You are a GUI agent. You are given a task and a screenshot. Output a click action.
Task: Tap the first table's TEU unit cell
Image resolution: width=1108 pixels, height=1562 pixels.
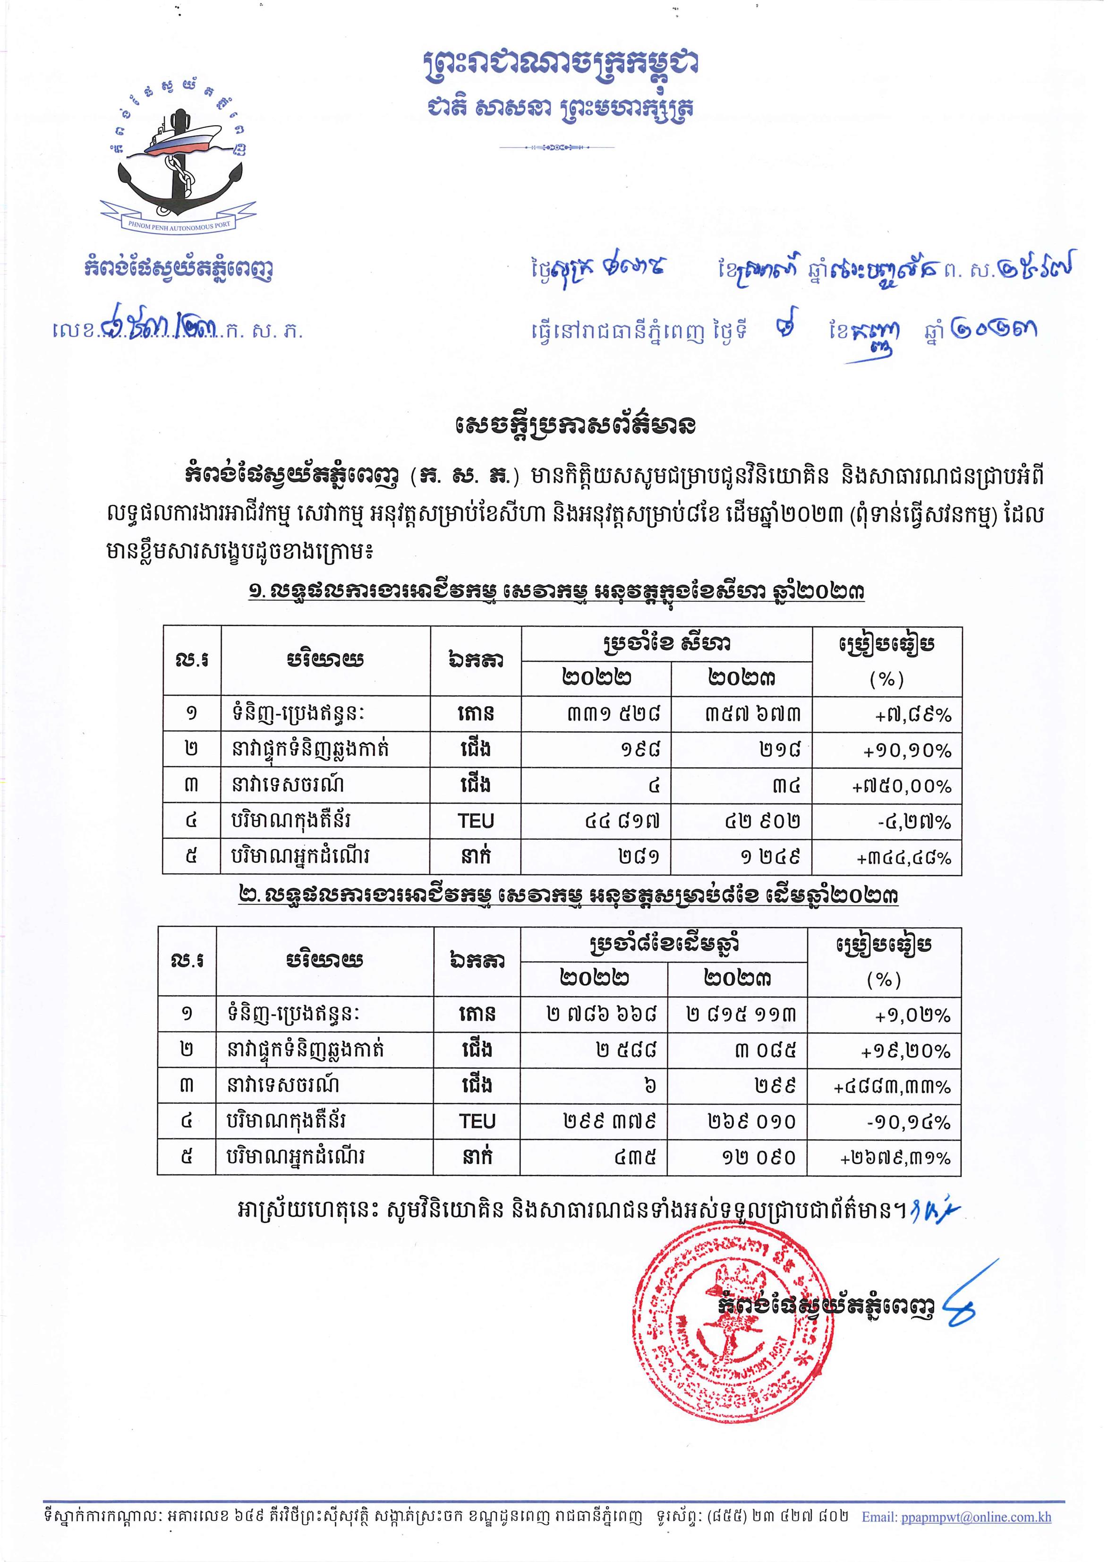click(476, 821)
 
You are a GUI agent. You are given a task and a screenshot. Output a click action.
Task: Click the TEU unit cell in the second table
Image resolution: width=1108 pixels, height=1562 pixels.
click(477, 1121)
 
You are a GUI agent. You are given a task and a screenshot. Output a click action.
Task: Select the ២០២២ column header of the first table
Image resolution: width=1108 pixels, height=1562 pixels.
click(597, 678)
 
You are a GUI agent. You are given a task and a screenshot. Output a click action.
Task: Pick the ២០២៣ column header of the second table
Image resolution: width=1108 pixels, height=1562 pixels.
click(737, 979)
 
